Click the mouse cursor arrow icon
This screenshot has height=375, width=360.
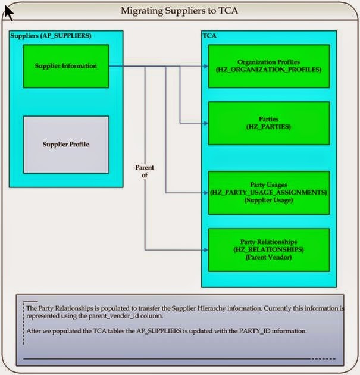coord(9,11)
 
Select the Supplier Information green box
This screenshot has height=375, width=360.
coord(65,66)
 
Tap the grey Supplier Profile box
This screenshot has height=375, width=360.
coord(65,144)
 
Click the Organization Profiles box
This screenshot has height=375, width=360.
coord(268,66)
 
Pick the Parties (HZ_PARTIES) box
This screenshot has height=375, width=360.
coord(268,123)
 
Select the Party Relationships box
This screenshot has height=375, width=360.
coord(268,249)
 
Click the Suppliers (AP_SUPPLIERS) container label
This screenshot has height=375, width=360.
coord(51,36)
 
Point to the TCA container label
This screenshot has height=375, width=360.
coord(209,36)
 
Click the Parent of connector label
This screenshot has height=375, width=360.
coord(145,171)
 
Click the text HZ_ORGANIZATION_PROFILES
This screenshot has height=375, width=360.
coord(268,70)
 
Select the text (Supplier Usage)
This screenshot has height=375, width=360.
coord(268,201)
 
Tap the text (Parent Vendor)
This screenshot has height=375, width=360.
coord(268,257)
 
